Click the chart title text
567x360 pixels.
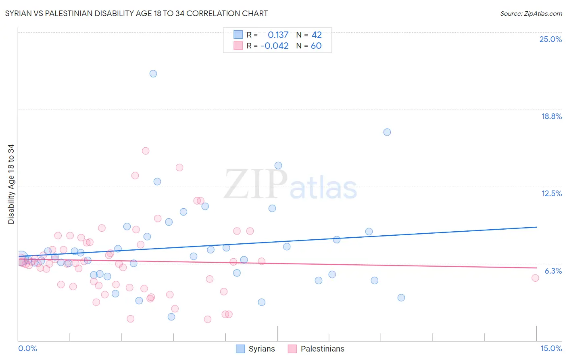(x=136, y=14)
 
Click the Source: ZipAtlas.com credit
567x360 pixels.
(x=531, y=14)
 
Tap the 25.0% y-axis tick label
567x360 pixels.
(x=550, y=39)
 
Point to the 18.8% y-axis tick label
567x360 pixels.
(x=551, y=116)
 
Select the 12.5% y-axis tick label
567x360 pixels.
(x=551, y=193)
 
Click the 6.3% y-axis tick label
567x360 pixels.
(x=553, y=271)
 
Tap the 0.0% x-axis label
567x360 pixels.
(x=27, y=348)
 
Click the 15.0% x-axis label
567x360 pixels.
(x=551, y=348)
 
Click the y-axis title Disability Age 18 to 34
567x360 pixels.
(x=11, y=184)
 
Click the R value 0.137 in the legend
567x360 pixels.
(x=278, y=35)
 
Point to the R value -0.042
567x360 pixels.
(x=275, y=46)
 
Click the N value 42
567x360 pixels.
(x=317, y=35)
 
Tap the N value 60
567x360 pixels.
(x=316, y=46)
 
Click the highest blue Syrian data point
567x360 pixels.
(x=153, y=73)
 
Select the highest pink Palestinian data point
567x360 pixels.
(x=146, y=151)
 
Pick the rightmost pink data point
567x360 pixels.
(x=535, y=278)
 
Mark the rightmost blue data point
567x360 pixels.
(x=401, y=297)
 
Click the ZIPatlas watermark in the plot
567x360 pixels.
(x=290, y=185)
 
